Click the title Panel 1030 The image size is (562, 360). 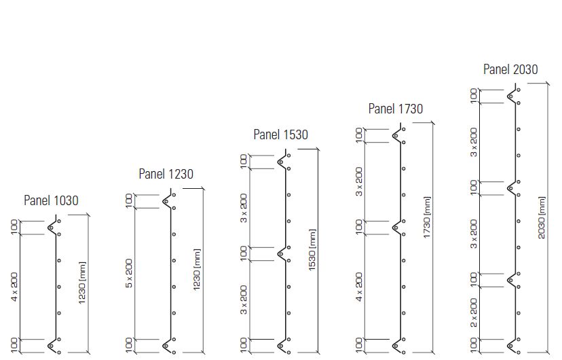coord(52,200)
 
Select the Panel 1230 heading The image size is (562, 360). coord(166,174)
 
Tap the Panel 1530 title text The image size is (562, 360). coord(280,134)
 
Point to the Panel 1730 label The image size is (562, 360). coord(395,109)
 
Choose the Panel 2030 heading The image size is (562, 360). coord(510,69)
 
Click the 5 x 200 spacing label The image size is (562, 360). coord(129,273)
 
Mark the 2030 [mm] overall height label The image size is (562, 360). coord(542,217)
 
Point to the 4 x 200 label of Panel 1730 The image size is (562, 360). coord(359,286)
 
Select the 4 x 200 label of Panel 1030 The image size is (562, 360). coord(14,286)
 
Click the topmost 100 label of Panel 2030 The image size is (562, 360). coord(474,96)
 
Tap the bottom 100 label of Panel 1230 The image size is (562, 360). coord(129,346)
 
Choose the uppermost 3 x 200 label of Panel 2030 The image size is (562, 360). coord(474,143)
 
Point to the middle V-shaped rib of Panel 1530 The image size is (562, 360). coord(282,253)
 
